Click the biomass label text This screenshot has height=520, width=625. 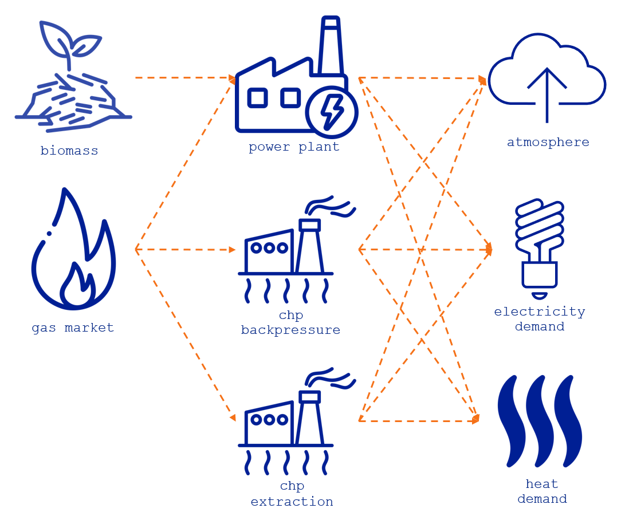pos(69,151)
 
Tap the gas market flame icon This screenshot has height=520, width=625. pos(73,252)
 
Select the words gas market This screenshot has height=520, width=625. pos(73,328)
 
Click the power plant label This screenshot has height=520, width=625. pos(294,147)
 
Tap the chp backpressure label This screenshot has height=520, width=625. pos(290,323)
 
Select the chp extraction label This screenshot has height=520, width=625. pos(292,494)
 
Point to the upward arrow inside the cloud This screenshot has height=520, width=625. pos(547,92)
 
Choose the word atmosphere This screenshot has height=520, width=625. pos(548,142)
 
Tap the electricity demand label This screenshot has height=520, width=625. pos(539,319)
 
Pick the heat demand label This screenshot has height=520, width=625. pos(542,491)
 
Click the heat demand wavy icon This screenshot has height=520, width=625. pos(540,421)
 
